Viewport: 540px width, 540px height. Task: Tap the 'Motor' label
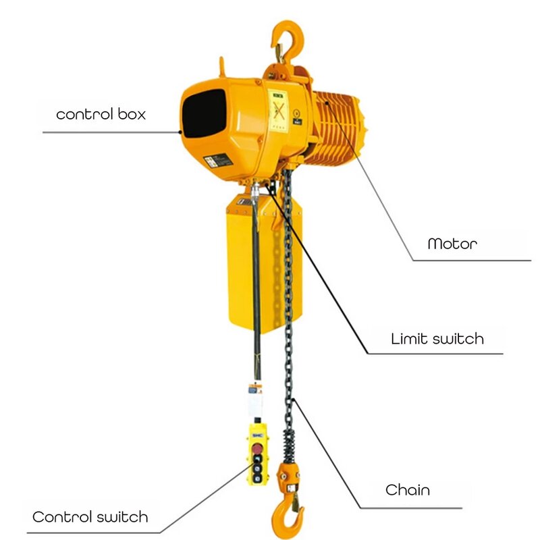[x=452, y=243]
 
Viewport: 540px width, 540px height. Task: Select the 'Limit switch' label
[x=437, y=338]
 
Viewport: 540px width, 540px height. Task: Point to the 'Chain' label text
[x=408, y=489]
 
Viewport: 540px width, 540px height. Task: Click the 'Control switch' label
[x=90, y=518]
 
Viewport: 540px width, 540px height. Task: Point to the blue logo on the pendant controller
[x=257, y=435]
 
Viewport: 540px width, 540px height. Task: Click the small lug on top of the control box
[x=221, y=65]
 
